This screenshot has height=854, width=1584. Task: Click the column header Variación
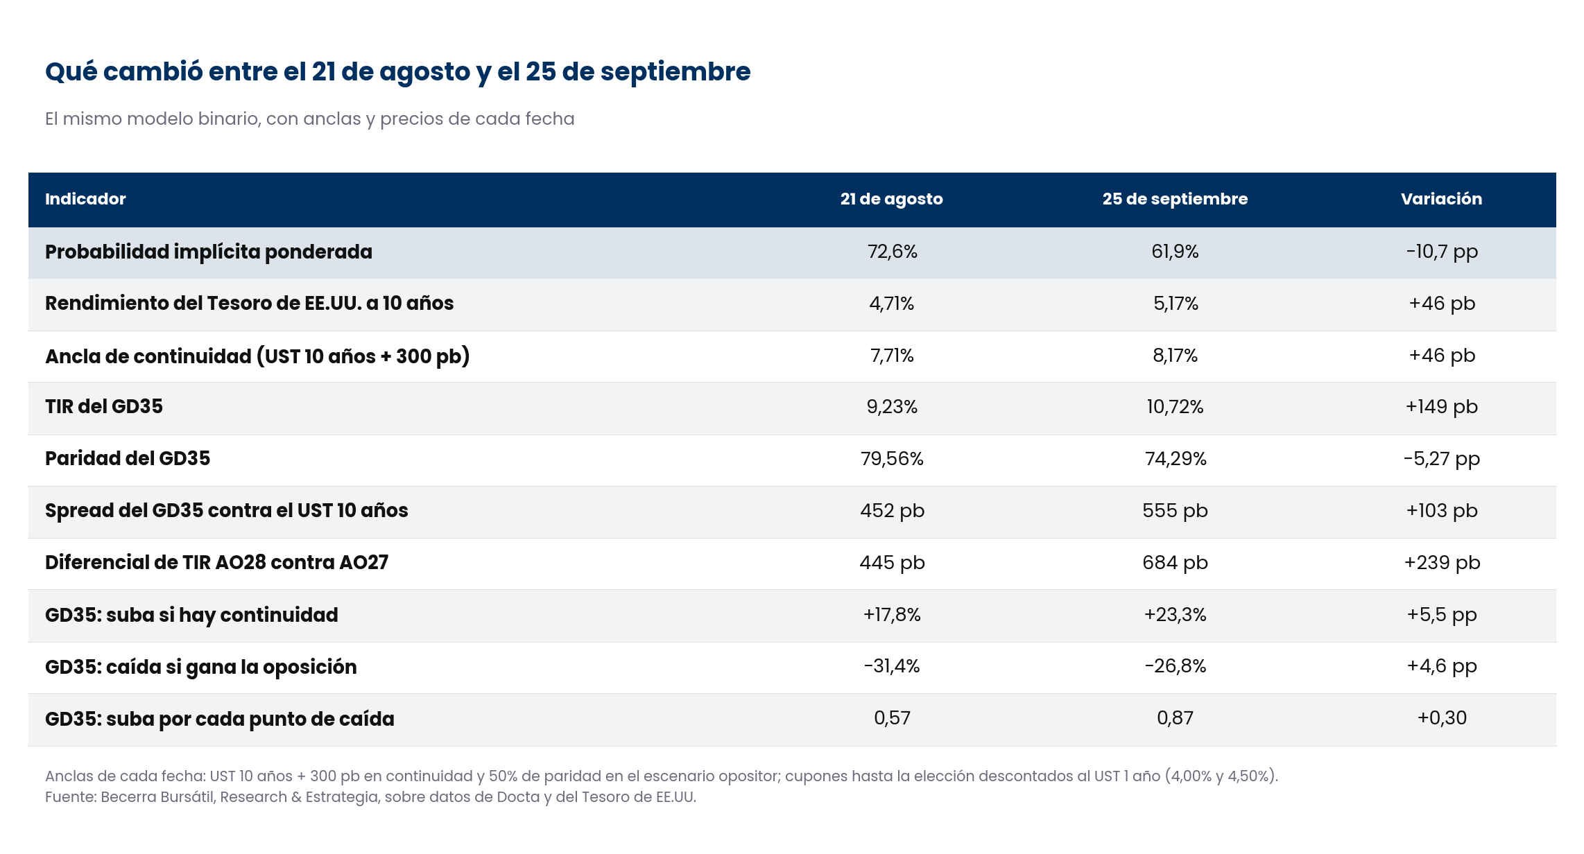click(x=1441, y=199)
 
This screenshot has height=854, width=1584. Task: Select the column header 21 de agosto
click(x=892, y=200)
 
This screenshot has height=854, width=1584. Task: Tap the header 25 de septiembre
click(x=1175, y=200)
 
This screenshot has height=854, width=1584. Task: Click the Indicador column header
click(x=85, y=199)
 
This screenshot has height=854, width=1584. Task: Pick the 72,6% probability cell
click(x=892, y=252)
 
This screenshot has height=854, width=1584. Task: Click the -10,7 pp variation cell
click(x=1442, y=252)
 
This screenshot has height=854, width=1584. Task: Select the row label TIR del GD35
click(x=104, y=406)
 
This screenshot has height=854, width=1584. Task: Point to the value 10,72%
click(x=1175, y=407)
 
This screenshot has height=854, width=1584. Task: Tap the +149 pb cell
click(x=1442, y=407)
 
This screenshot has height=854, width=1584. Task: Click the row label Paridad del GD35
click(x=128, y=458)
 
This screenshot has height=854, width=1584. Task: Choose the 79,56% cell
click(x=892, y=459)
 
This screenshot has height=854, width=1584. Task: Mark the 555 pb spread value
click(x=1175, y=511)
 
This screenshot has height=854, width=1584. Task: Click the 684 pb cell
click(x=1175, y=562)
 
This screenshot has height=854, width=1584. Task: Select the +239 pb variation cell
click(x=1442, y=562)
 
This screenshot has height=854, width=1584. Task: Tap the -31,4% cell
click(x=892, y=666)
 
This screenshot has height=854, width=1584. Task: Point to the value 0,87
click(x=1175, y=718)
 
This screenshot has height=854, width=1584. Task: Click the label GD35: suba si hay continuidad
click(x=191, y=616)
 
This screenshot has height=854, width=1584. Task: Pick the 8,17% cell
click(x=1175, y=356)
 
